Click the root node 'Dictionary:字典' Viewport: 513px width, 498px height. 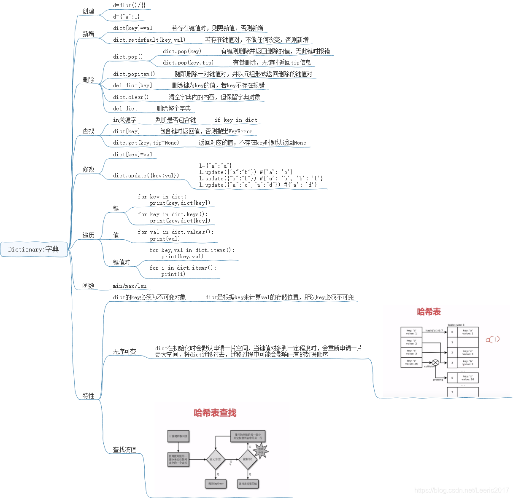(x=34, y=249)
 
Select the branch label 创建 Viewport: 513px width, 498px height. (x=89, y=11)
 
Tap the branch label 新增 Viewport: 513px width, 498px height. (x=89, y=34)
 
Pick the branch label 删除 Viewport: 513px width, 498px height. (x=89, y=80)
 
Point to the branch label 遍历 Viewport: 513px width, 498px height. (x=89, y=235)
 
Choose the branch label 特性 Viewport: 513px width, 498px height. (x=89, y=396)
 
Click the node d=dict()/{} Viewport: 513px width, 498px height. (x=129, y=5)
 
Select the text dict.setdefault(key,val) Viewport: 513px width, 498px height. (x=149, y=40)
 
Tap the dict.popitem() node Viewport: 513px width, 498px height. (x=134, y=74)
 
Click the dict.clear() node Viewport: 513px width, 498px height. (x=131, y=97)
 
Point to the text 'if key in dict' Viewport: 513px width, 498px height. (x=236, y=120)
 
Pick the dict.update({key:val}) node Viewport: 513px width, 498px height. (x=146, y=175)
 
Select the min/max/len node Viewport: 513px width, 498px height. (x=130, y=286)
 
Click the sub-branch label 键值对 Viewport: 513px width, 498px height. (x=121, y=262)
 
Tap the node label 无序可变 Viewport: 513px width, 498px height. (x=124, y=351)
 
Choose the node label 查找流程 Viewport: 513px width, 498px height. (x=124, y=450)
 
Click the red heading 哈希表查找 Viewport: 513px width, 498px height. (x=215, y=413)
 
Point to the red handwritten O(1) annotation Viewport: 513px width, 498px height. (x=492, y=339)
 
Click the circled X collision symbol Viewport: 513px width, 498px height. (x=435, y=362)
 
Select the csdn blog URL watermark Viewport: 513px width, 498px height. (x=462, y=490)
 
